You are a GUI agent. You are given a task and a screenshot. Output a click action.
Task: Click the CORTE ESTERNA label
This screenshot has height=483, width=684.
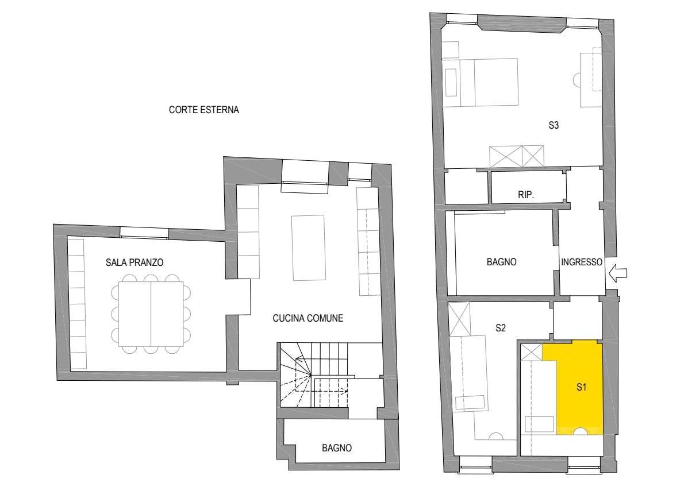pyautogui.click(x=203, y=110)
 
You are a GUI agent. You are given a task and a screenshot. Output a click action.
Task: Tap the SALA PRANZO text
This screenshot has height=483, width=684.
pyautogui.click(x=135, y=262)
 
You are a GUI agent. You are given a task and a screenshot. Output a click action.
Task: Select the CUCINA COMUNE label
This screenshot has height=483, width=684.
pyautogui.click(x=308, y=318)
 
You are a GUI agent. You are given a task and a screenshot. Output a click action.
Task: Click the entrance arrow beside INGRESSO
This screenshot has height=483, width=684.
pyautogui.click(x=618, y=273)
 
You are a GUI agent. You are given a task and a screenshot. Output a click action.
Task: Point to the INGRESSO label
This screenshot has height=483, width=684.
pyautogui.click(x=582, y=262)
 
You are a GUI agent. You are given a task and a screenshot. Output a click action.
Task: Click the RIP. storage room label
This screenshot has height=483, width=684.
pyautogui.click(x=526, y=195)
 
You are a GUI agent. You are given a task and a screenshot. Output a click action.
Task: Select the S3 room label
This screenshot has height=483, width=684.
pyautogui.click(x=553, y=126)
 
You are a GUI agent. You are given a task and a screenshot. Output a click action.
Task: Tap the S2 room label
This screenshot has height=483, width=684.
pyautogui.click(x=500, y=328)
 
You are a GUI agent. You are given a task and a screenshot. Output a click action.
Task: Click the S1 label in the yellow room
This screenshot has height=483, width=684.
pyautogui.click(x=581, y=387)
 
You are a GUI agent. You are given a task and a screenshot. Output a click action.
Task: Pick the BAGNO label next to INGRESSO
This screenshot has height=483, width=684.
pyautogui.click(x=501, y=262)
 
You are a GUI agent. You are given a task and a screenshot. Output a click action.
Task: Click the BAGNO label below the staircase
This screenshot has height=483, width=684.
pyautogui.click(x=337, y=448)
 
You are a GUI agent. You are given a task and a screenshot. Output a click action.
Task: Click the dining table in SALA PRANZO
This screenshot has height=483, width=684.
pyautogui.click(x=151, y=314)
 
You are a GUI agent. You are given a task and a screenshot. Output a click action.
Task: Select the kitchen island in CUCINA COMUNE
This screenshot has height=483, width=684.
pyautogui.click(x=309, y=248)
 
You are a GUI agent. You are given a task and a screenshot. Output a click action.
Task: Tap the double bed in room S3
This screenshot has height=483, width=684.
pyautogui.click(x=481, y=82)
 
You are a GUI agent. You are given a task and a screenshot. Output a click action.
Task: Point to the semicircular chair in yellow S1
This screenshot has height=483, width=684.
pyautogui.click(x=580, y=431)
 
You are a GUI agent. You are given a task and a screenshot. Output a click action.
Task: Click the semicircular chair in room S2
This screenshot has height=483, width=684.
pyautogui.click(x=497, y=435)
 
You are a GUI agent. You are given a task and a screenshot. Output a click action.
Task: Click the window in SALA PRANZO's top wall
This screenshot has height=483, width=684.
pyautogui.click(x=144, y=233)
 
